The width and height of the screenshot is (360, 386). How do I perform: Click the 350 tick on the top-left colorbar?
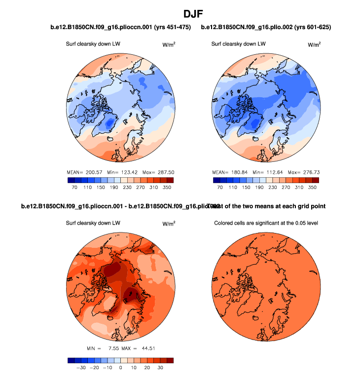point(167,188)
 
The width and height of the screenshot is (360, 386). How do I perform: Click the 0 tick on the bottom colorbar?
point(121,368)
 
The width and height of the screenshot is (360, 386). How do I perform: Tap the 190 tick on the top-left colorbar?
point(113,188)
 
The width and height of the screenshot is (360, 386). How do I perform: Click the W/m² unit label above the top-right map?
point(314,44)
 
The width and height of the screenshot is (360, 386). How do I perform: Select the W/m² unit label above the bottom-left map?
point(169,224)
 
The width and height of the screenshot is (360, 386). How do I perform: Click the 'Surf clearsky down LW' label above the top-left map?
point(93,44)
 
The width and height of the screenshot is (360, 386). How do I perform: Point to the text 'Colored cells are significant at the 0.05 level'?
point(266,223)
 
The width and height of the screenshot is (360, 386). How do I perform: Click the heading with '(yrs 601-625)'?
point(266,27)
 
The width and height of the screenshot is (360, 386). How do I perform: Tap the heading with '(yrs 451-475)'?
point(121,27)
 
